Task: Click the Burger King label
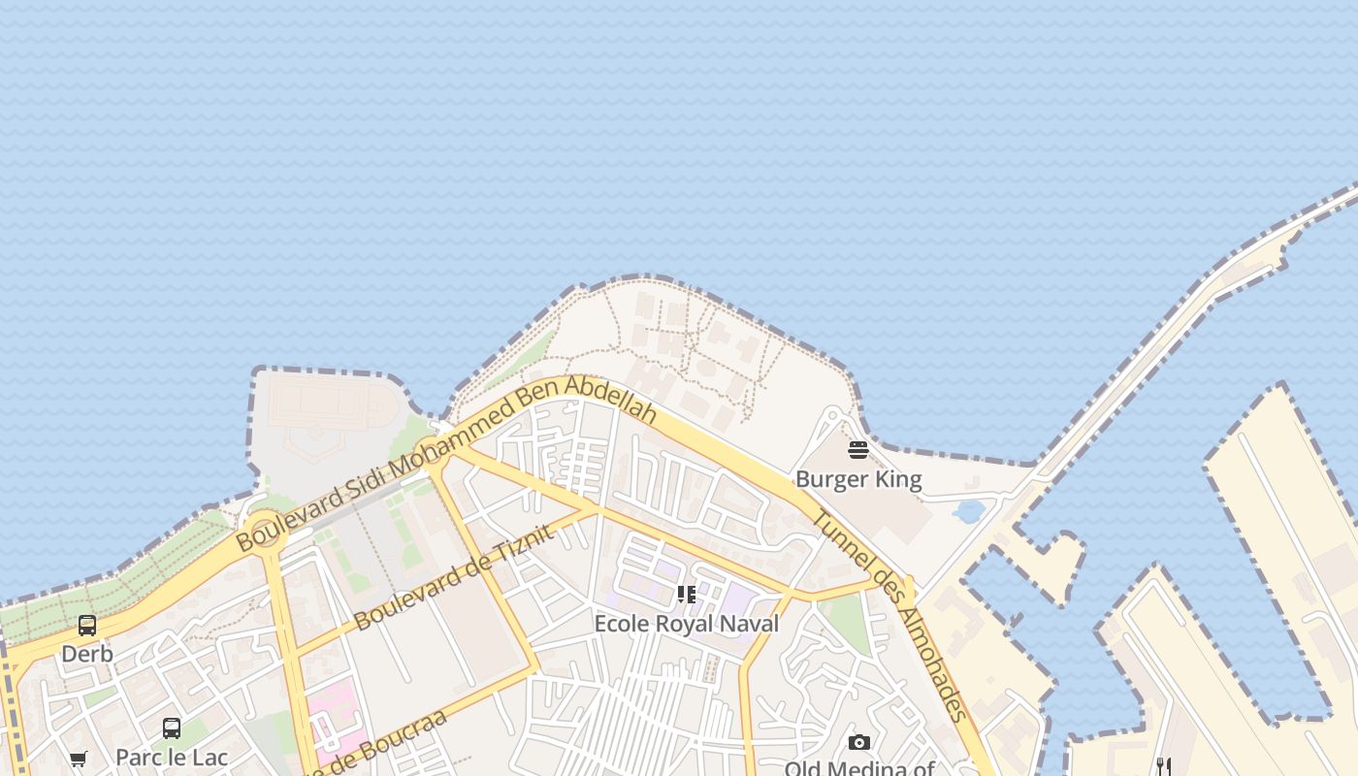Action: pyautogui.click(x=858, y=479)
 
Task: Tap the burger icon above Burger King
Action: pyautogui.click(x=858, y=450)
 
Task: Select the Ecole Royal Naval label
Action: pyautogui.click(x=686, y=624)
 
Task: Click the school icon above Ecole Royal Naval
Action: pyautogui.click(x=686, y=594)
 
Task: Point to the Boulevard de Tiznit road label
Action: pyautogui.click(x=454, y=577)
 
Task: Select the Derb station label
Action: pyautogui.click(x=87, y=654)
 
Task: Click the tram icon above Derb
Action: pyautogui.click(x=87, y=626)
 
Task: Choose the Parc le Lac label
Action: pyautogui.click(x=172, y=758)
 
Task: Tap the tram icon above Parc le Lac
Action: pyautogui.click(x=172, y=727)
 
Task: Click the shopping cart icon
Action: pyautogui.click(x=79, y=759)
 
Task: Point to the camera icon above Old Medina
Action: pyautogui.click(x=858, y=742)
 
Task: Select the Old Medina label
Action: pyautogui.click(x=858, y=768)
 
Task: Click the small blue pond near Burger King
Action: pyautogui.click(x=968, y=510)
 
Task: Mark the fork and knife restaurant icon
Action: pyautogui.click(x=1164, y=766)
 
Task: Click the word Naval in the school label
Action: pyautogui.click(x=746, y=624)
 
